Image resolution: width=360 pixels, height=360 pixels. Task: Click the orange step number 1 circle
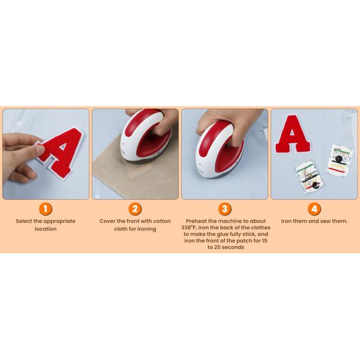pyautogui.click(x=46, y=209)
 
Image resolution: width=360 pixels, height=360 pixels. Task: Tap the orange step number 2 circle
pyautogui.click(x=135, y=209)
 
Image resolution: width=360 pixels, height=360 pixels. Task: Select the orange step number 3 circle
pyautogui.click(x=224, y=209)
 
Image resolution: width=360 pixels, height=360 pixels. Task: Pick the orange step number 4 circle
pyautogui.click(x=314, y=209)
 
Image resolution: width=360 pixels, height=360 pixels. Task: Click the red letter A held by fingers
pyautogui.click(x=60, y=152)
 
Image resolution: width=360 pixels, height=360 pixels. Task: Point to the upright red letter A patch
pyautogui.click(x=293, y=134)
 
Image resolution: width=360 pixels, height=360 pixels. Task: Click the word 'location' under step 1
pyautogui.click(x=46, y=229)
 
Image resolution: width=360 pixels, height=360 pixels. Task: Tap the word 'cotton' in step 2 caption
pyautogui.click(x=162, y=221)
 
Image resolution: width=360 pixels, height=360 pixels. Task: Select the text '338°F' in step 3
pyautogui.click(x=189, y=227)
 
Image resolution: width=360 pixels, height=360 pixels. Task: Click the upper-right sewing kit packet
pyautogui.click(x=340, y=159)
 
